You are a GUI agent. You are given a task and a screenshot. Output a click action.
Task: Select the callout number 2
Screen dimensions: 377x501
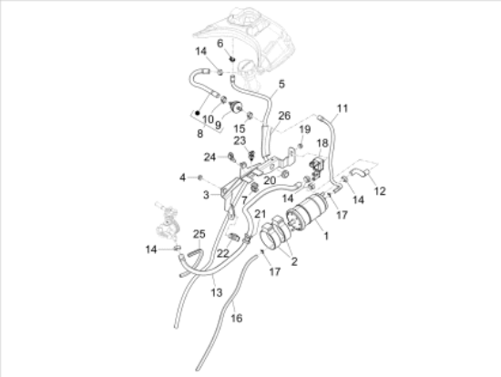(293, 261)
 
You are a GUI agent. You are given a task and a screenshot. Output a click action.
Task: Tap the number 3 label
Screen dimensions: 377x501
(206, 194)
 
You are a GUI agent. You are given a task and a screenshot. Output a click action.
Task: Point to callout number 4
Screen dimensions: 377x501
(182, 177)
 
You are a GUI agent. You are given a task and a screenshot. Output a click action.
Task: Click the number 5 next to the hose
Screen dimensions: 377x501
(281, 85)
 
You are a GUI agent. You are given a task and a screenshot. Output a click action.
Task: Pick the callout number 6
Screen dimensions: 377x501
(220, 44)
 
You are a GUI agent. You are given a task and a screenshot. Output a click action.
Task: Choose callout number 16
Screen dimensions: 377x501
(237, 318)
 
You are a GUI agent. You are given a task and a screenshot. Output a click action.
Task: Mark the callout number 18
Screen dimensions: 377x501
(322, 144)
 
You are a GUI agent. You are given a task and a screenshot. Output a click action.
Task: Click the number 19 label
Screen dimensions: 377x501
(305, 129)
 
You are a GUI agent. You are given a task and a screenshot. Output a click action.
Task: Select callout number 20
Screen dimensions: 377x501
(269, 180)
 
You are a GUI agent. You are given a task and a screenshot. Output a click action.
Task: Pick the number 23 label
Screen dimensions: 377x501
(239, 140)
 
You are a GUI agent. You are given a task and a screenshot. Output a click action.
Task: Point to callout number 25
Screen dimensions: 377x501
(199, 235)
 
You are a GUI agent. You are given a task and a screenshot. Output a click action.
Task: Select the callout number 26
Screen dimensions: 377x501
(284, 116)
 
